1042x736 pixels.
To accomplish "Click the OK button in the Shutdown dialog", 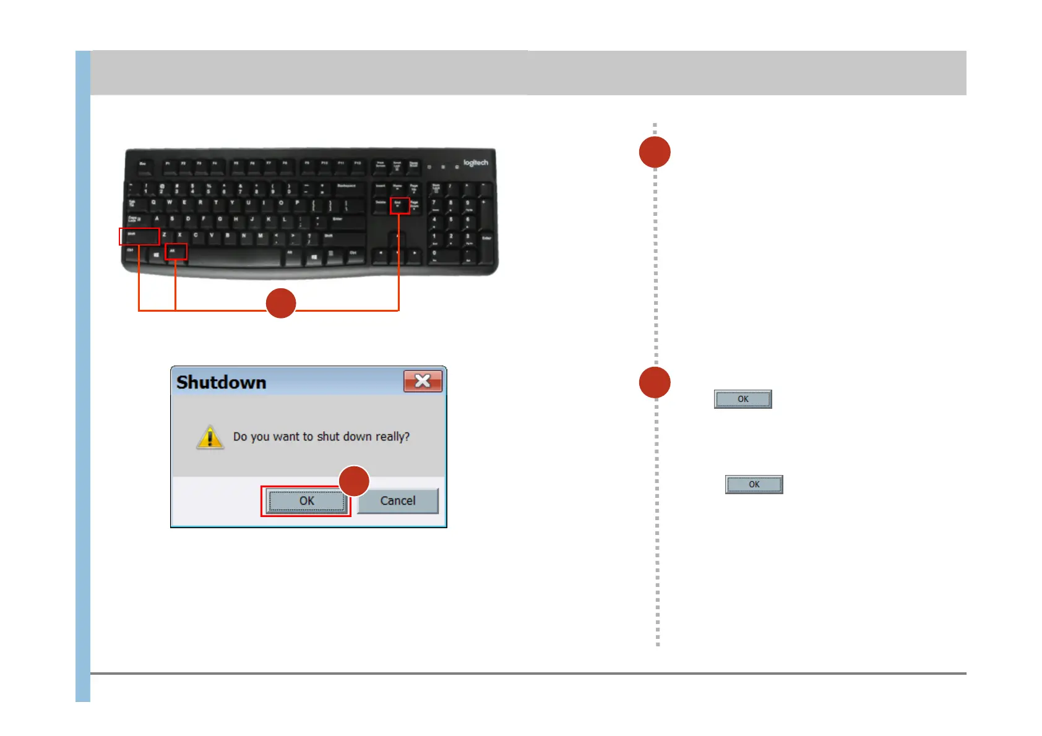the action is pyautogui.click(x=306, y=501).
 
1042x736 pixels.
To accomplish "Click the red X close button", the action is pyautogui.click(x=423, y=381).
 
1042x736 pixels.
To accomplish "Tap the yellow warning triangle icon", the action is pyautogui.click(x=210, y=437).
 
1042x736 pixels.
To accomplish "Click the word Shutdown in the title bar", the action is pyautogui.click(x=221, y=383).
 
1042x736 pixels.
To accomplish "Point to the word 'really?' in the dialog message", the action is pyautogui.click(x=392, y=437).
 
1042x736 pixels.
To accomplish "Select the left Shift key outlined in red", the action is pyautogui.click(x=139, y=236).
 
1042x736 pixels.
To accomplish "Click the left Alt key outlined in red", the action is pyautogui.click(x=176, y=252).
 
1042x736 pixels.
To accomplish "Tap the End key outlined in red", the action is pyautogui.click(x=399, y=205).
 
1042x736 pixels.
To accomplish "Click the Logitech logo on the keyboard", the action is pyautogui.click(x=475, y=163).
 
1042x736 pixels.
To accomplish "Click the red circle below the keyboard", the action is pyautogui.click(x=281, y=303).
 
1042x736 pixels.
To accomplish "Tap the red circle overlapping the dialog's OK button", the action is pyautogui.click(x=355, y=481).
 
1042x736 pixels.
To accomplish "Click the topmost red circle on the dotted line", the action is pyautogui.click(x=655, y=152).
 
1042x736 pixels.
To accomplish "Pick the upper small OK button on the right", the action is pyautogui.click(x=743, y=399).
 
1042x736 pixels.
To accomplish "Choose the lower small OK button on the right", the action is pyautogui.click(x=754, y=484).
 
